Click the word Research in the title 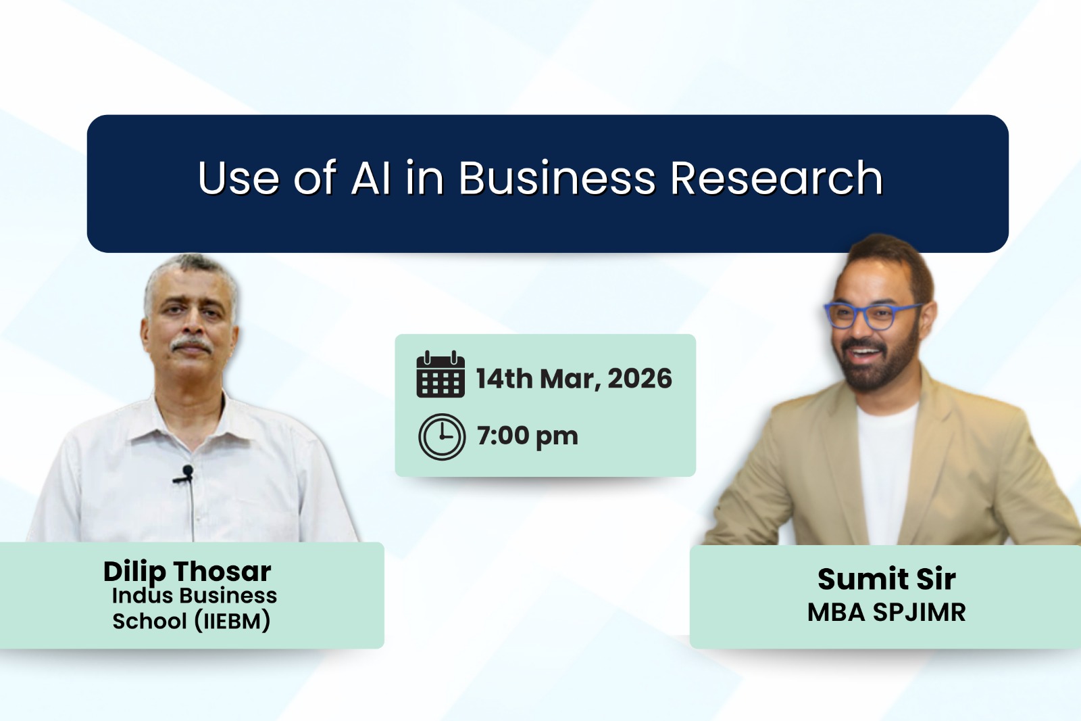[x=776, y=179]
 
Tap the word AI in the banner [x=370, y=179]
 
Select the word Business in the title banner [x=557, y=179]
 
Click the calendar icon [x=441, y=374]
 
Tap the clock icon [x=442, y=436]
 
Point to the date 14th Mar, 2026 [x=574, y=379]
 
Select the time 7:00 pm [x=527, y=436]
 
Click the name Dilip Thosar [x=187, y=572]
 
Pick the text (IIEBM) [x=232, y=621]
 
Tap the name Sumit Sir [x=886, y=579]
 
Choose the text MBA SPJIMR [x=886, y=612]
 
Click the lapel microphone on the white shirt [x=186, y=472]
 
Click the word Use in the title [x=238, y=179]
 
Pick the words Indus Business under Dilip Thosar [x=195, y=596]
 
